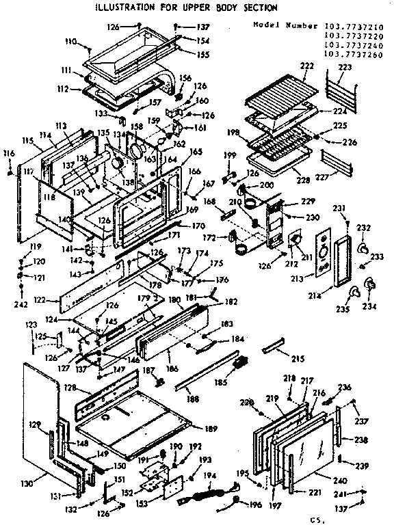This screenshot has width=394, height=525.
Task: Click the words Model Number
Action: coord(276,26)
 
